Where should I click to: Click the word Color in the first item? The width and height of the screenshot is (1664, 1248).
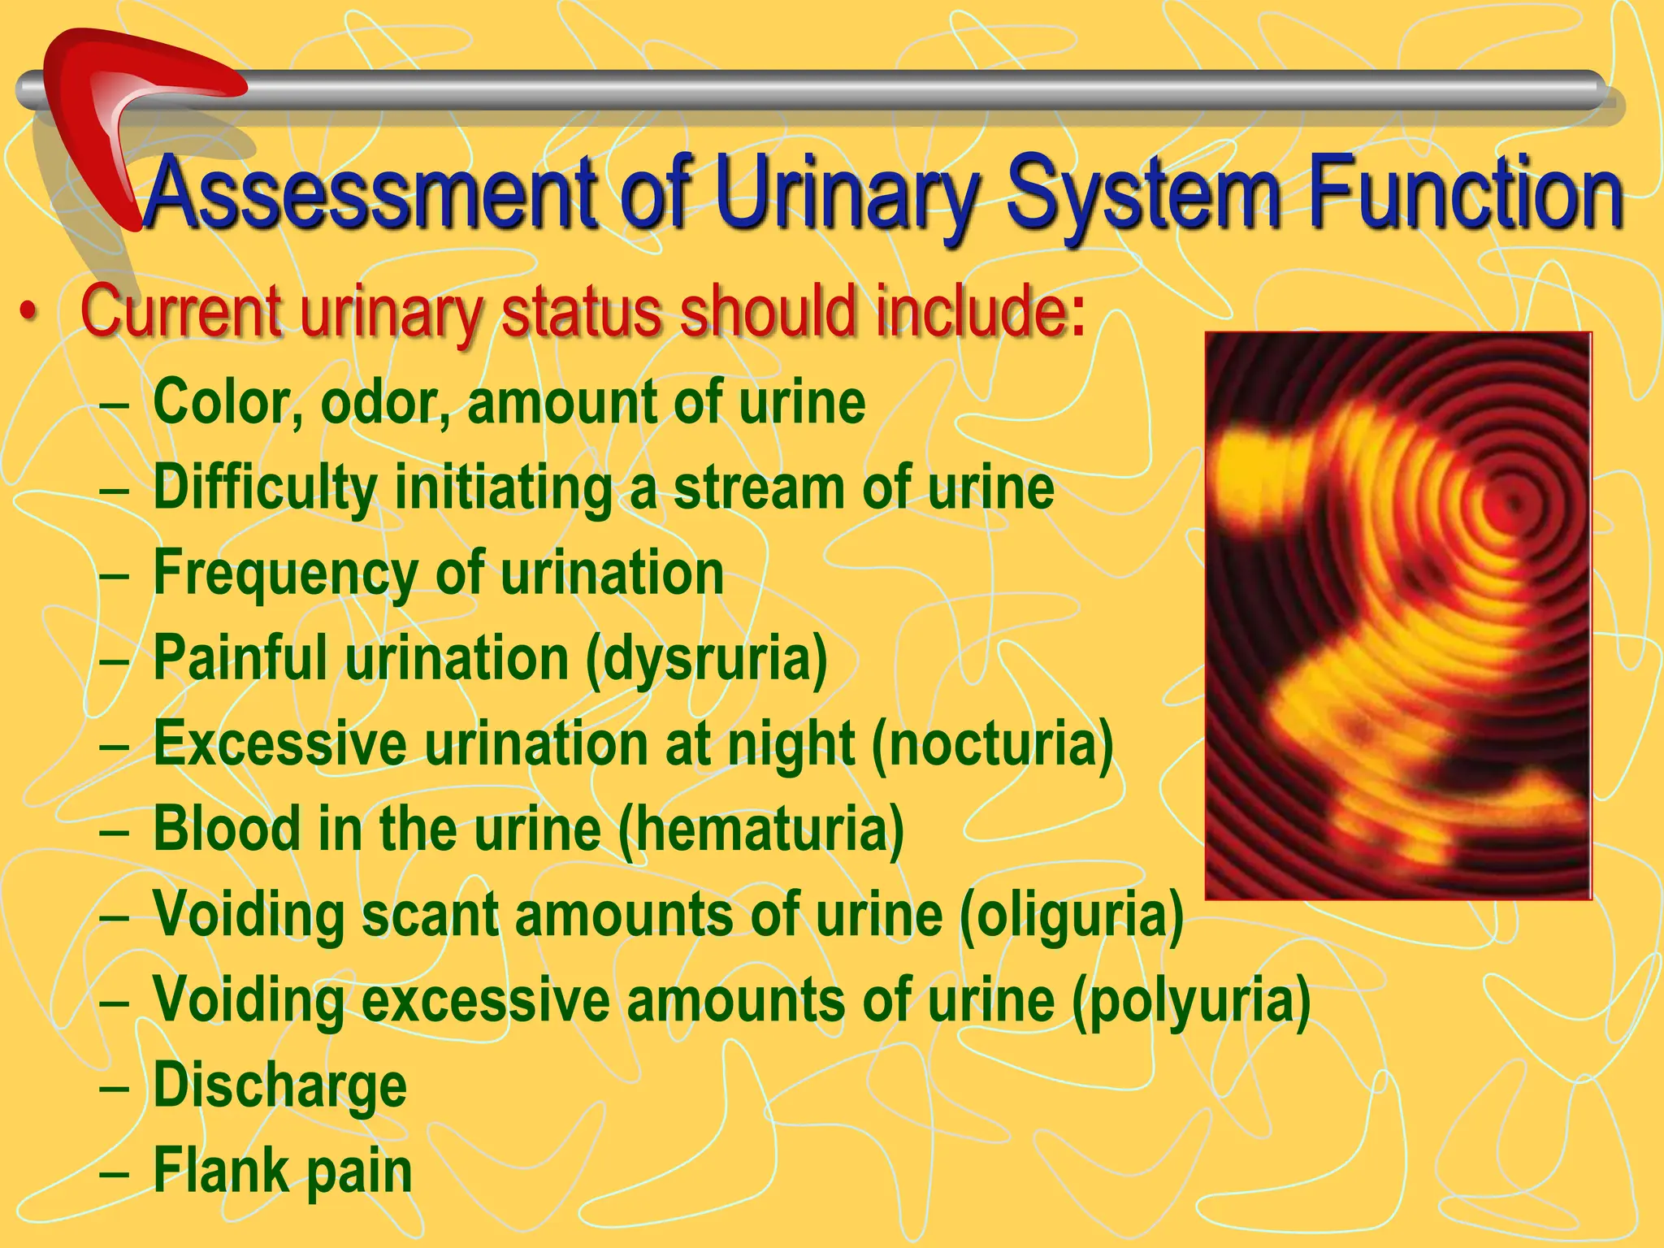219,403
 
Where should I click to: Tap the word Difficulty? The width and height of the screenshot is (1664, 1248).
265,487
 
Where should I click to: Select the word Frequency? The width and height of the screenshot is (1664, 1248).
284,574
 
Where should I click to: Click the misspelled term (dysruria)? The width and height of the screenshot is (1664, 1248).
707,658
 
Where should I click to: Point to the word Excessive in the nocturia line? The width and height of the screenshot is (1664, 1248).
280,744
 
